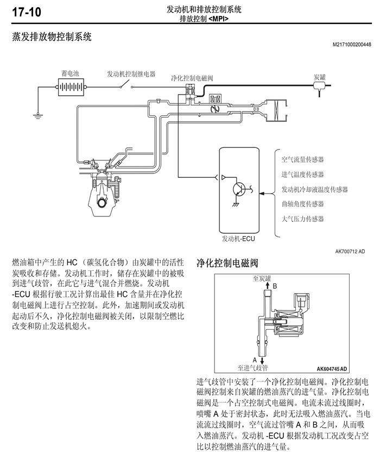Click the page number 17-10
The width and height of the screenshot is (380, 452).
(27, 13)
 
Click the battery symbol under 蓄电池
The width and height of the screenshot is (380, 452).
(71, 86)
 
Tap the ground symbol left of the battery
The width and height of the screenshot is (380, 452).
(37, 116)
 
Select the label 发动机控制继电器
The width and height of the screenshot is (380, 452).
(131, 74)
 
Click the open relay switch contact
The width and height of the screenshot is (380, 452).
(126, 84)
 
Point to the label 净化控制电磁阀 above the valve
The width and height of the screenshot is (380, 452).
(192, 78)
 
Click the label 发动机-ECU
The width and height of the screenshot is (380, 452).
(238, 238)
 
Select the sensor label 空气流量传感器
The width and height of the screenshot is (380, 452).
(302, 159)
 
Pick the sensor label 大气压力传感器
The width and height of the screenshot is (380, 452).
(302, 219)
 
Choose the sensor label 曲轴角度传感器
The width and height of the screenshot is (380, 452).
(302, 204)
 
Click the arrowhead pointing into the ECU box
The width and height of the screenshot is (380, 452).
(262, 194)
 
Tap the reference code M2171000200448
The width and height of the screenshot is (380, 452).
(352, 45)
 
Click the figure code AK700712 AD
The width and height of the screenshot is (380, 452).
(350, 251)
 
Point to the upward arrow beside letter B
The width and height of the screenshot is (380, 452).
(267, 286)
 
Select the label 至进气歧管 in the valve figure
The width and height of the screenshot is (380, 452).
(252, 368)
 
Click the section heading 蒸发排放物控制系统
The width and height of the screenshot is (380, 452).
(52, 37)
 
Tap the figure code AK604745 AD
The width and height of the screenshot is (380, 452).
(332, 369)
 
